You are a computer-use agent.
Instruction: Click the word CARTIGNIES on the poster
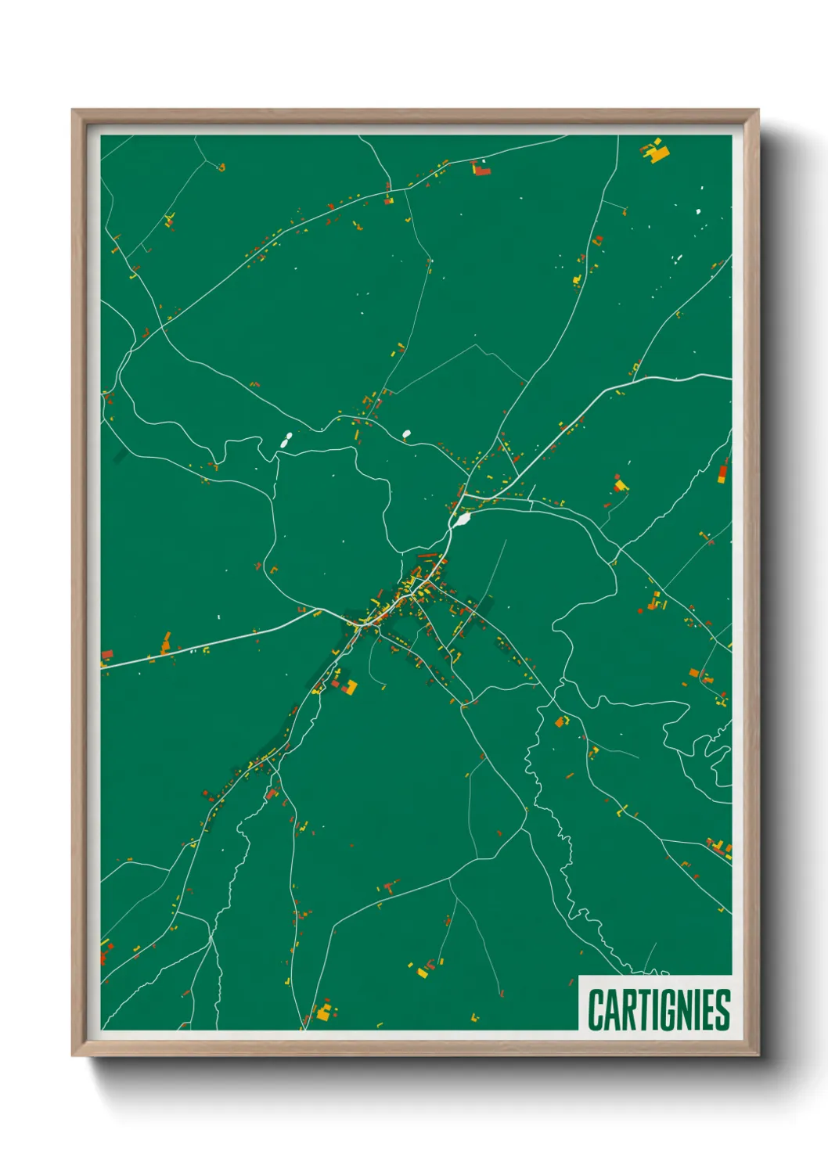point(658,1009)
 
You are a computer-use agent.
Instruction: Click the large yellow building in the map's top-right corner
point(657,152)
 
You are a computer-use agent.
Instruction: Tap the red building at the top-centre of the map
point(481,169)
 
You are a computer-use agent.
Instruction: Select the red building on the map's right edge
point(723,471)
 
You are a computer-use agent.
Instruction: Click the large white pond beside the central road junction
point(463,518)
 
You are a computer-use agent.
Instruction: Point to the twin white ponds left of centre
point(286,441)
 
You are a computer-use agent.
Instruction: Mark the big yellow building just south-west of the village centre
point(350,688)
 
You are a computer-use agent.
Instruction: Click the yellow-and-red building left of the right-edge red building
point(621,485)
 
